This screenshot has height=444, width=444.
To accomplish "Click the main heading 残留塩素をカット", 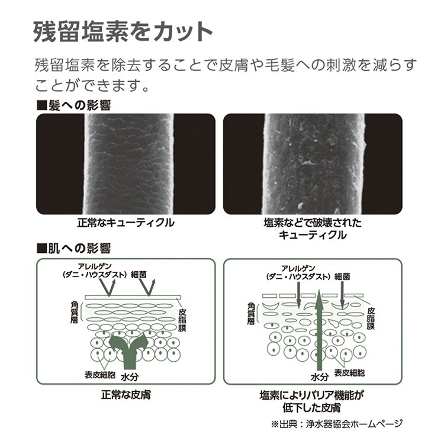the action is (x=123, y=32).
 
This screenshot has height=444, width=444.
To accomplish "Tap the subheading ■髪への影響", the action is (x=73, y=105).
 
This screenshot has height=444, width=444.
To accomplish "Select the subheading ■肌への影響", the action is (x=73, y=248).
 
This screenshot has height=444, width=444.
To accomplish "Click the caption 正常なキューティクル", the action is (x=126, y=223).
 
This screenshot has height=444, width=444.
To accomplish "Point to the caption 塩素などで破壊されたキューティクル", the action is (x=313, y=229).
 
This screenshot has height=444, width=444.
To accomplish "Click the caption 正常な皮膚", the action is (x=126, y=395).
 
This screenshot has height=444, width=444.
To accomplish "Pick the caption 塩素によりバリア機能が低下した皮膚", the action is (x=312, y=401).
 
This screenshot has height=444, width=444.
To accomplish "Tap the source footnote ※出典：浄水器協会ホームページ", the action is (x=337, y=424).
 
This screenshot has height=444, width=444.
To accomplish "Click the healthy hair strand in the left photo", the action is (x=129, y=164).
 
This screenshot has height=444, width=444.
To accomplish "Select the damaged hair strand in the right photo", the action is (x=314, y=164).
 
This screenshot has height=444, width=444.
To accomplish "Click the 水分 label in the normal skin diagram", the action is (x=130, y=377).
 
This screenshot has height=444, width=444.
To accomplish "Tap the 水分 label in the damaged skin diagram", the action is (x=320, y=377).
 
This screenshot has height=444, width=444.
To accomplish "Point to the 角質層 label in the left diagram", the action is (x=74, y=312).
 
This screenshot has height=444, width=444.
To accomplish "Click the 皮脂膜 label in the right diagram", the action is (x=371, y=318).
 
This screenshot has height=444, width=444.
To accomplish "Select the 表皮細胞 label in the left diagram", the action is (x=100, y=375).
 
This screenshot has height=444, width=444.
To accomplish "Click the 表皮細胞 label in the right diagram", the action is (x=349, y=372).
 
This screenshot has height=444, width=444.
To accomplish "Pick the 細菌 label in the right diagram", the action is (x=342, y=276).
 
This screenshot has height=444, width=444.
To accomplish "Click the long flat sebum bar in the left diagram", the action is (x=133, y=298).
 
